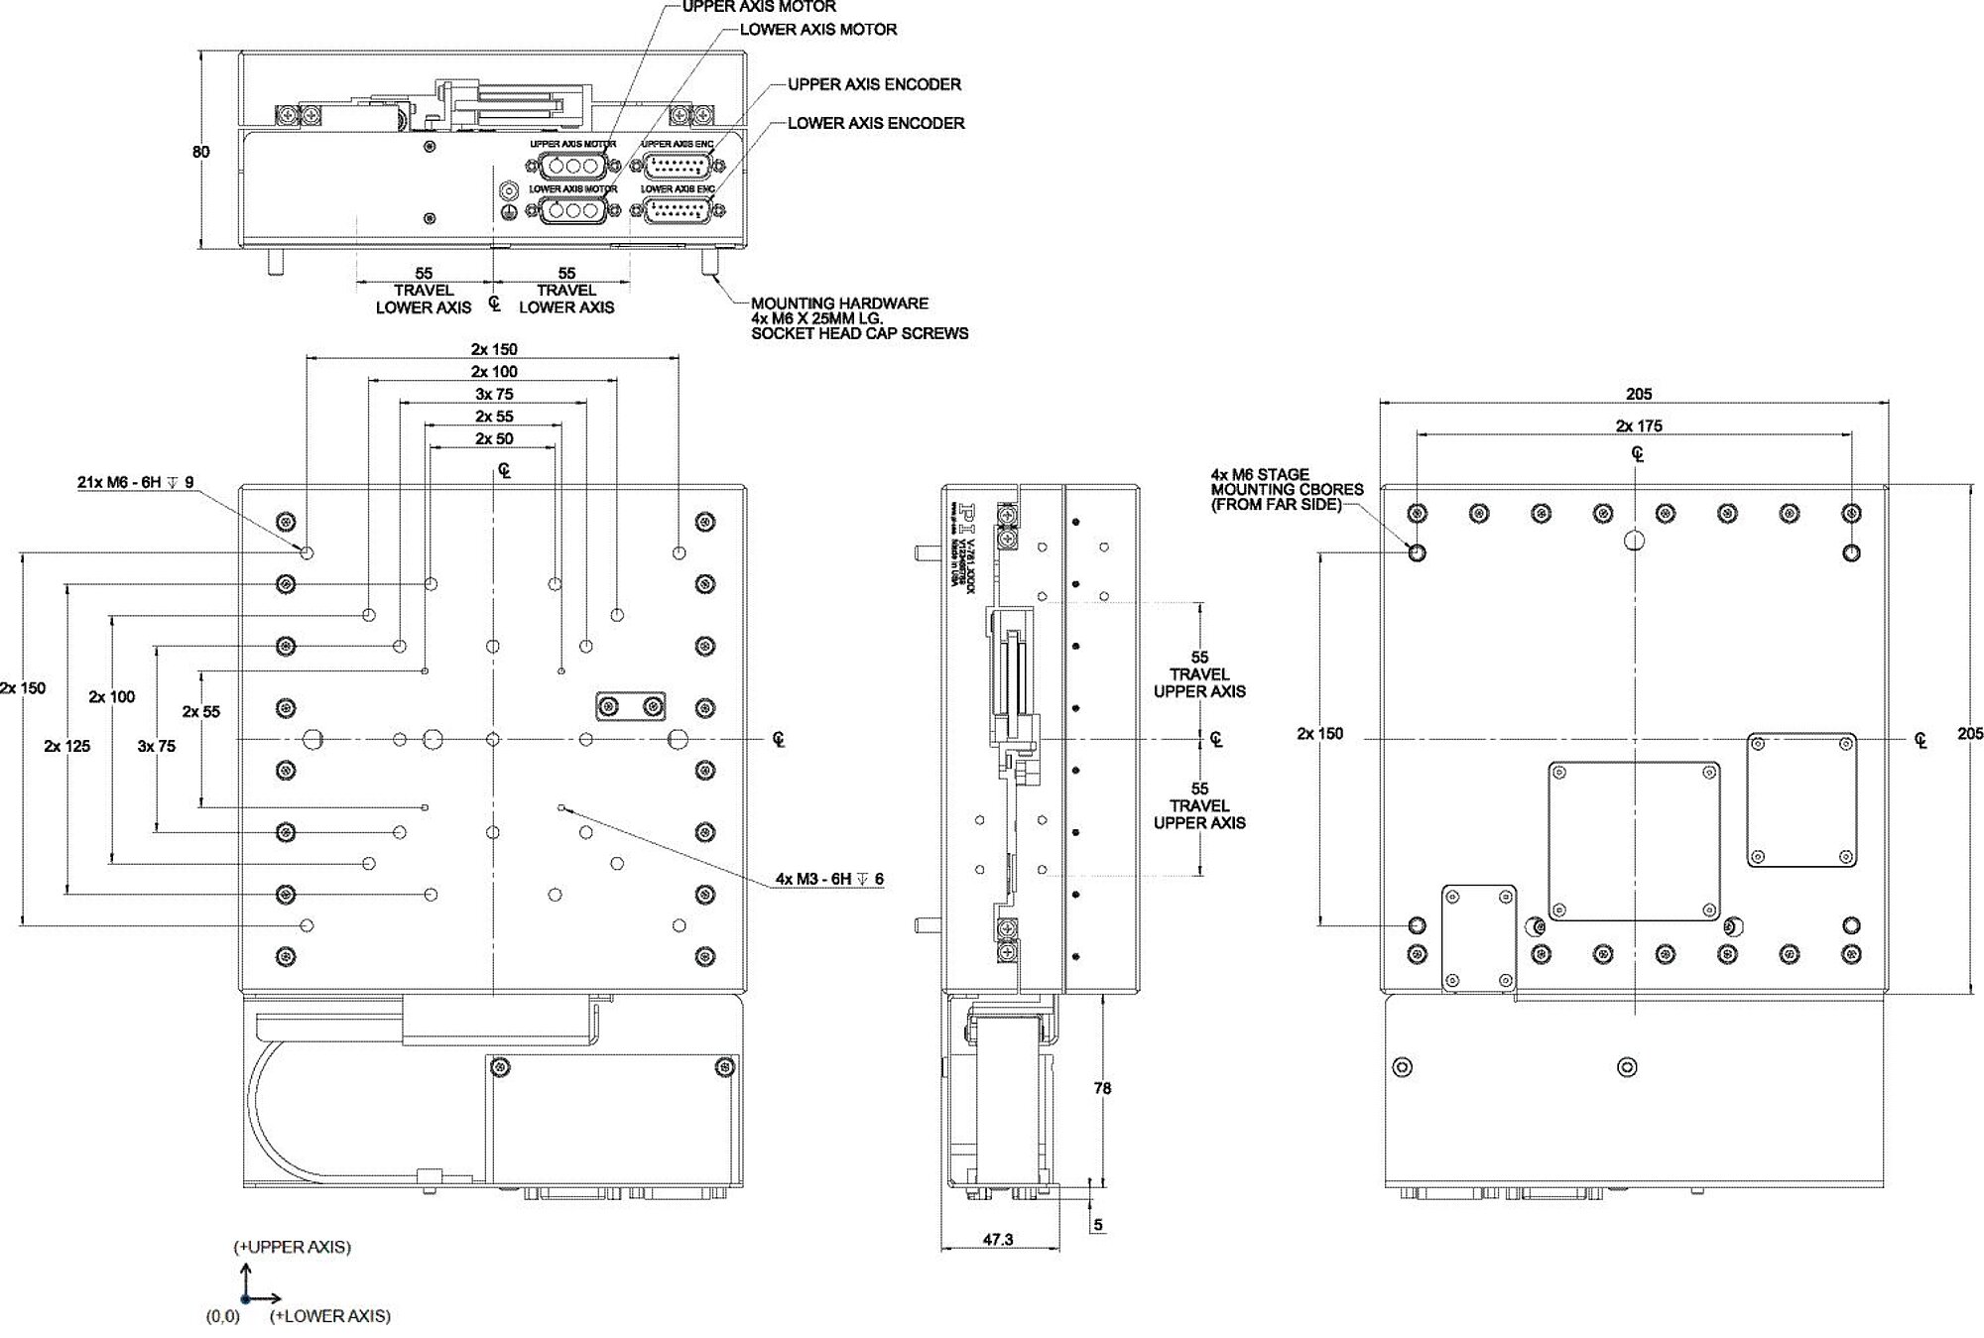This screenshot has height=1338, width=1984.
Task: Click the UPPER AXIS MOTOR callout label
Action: (759, 6)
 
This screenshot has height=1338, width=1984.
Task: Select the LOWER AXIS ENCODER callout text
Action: (876, 123)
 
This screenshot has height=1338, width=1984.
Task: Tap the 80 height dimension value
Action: (201, 152)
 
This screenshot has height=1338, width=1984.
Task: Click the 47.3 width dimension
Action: (997, 1239)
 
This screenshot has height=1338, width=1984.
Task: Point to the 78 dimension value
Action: (1102, 1088)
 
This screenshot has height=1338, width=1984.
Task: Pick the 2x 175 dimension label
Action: (1639, 426)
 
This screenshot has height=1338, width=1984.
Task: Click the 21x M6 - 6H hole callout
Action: (136, 483)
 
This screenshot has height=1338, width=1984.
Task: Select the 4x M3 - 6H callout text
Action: (829, 879)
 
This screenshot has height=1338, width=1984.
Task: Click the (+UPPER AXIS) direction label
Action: (292, 1247)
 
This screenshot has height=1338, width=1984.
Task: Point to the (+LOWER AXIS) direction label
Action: (329, 1316)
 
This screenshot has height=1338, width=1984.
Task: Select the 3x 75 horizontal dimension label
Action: (494, 394)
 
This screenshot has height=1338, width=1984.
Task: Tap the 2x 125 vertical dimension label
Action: (67, 746)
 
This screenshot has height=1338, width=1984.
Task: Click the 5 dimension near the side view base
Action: (1098, 1225)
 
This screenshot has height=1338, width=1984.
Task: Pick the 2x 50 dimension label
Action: (494, 438)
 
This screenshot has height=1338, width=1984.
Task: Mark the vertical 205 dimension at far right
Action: (1970, 734)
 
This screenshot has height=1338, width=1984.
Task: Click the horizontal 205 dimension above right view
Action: (1639, 394)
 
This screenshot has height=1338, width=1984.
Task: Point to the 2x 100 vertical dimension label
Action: (112, 696)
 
